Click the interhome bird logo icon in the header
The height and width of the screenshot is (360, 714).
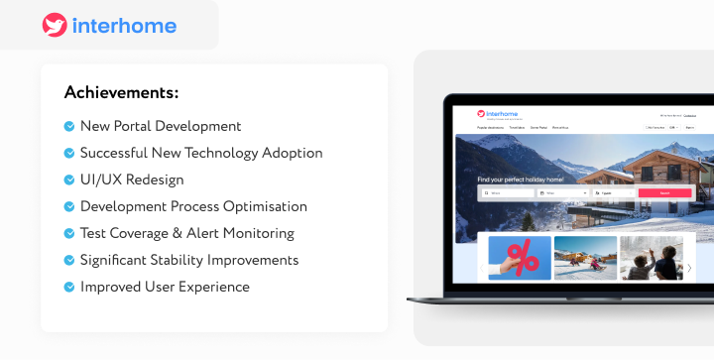(x=55, y=26)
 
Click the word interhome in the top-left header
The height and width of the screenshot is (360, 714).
(x=124, y=26)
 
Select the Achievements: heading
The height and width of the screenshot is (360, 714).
(x=121, y=92)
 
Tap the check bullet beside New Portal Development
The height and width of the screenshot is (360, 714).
(x=69, y=126)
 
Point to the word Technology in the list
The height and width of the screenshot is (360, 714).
(x=239, y=153)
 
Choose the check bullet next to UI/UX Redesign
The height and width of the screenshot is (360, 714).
(x=69, y=180)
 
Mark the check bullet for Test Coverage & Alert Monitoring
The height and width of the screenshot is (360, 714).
(x=69, y=233)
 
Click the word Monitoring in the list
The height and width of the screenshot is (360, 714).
(x=260, y=233)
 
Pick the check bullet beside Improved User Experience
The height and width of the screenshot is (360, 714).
(x=69, y=287)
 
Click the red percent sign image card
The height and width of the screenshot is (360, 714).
(x=519, y=258)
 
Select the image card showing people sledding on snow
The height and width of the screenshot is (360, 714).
(x=585, y=258)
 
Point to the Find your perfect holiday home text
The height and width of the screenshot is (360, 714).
(x=520, y=180)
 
